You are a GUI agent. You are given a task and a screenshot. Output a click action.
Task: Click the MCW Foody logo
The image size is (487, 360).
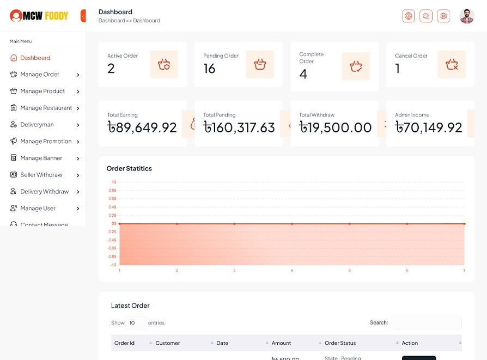39,16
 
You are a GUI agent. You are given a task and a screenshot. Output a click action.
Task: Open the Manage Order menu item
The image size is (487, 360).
40,75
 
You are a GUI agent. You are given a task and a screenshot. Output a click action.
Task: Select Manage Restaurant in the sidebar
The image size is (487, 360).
46,108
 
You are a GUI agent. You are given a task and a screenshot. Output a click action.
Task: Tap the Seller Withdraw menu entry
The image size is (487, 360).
41,175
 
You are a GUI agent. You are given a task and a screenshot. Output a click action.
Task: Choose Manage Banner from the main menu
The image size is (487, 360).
41,158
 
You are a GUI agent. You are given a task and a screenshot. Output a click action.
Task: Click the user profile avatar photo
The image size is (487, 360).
467,16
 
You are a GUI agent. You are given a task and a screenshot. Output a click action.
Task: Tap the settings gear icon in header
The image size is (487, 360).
443,16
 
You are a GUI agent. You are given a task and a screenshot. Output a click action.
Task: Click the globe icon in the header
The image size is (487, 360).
409,16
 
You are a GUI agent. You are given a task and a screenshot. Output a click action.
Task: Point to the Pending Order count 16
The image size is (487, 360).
210,69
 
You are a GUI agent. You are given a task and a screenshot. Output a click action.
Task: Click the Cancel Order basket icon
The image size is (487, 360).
452,65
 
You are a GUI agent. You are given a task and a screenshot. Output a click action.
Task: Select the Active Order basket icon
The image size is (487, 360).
164,65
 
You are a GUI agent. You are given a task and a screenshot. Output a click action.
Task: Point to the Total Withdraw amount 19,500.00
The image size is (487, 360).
336,127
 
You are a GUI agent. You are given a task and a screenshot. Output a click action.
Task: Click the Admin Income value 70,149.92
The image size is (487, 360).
429,127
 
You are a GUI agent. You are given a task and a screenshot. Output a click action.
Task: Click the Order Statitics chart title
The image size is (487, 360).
129,169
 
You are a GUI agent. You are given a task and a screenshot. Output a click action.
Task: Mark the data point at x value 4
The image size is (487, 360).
292,224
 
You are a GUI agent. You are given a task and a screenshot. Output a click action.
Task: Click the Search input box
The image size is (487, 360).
426,323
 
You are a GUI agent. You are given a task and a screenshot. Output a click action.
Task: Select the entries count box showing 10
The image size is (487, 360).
136,323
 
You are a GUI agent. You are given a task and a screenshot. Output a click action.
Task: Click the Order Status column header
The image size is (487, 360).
340,343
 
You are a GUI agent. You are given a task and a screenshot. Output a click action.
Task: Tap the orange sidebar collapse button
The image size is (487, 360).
83,16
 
